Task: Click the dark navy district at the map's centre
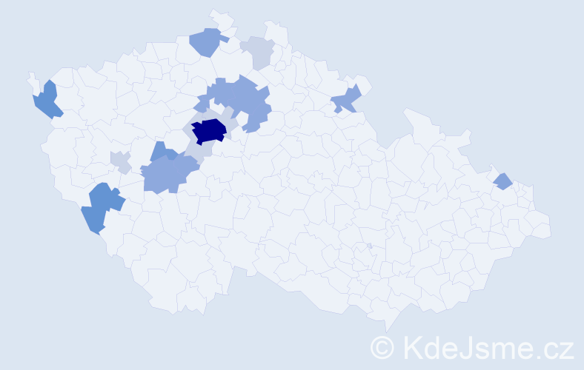click(209, 131)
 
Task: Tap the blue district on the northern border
click(206, 41)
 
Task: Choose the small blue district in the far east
click(502, 181)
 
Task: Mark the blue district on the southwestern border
click(101, 207)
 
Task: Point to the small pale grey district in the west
click(120, 161)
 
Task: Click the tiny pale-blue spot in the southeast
click(368, 246)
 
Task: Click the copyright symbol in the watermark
click(382, 346)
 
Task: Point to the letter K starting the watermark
click(412, 346)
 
